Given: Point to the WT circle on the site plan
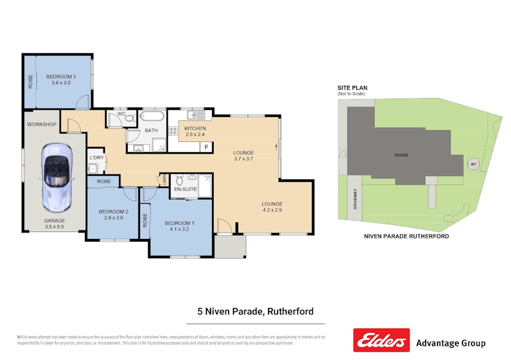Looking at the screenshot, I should pos(473,164).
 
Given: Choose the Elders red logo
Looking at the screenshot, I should pos(382,340).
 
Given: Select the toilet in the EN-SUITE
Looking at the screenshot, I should pos(179,182).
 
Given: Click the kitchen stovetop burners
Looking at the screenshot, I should pos(173,132).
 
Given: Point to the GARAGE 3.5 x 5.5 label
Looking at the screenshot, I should pos(54,223).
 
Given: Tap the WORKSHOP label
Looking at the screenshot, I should pos(42,124).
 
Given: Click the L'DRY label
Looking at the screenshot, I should pos(96,157).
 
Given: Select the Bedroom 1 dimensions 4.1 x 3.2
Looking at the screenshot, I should pos(179,229).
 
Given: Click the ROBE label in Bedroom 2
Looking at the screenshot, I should pos(104,182).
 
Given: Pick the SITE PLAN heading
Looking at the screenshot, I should pos(352,88).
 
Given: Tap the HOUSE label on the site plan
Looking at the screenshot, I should pos(401,155).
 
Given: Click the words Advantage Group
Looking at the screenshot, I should pos(450,343).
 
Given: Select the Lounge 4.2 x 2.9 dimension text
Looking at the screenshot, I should pos(272,211).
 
